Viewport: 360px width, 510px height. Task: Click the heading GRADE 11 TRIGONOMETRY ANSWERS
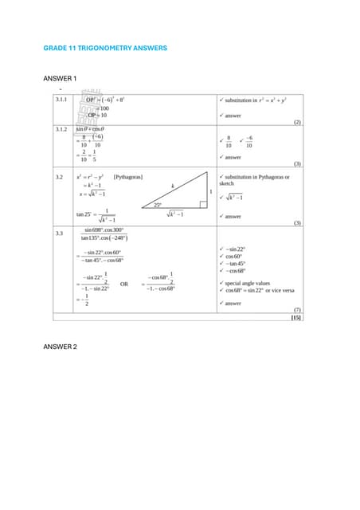(104, 49)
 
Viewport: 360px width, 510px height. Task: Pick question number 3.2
(58, 176)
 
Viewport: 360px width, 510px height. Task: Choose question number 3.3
(58, 233)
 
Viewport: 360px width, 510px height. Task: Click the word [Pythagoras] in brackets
(127, 176)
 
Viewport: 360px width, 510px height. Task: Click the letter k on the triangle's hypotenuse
(171, 185)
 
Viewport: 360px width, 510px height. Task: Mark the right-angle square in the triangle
(204, 204)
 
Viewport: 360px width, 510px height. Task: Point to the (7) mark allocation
(297, 309)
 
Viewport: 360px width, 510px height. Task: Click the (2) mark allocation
(297, 123)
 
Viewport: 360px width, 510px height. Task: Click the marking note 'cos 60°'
(235, 256)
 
